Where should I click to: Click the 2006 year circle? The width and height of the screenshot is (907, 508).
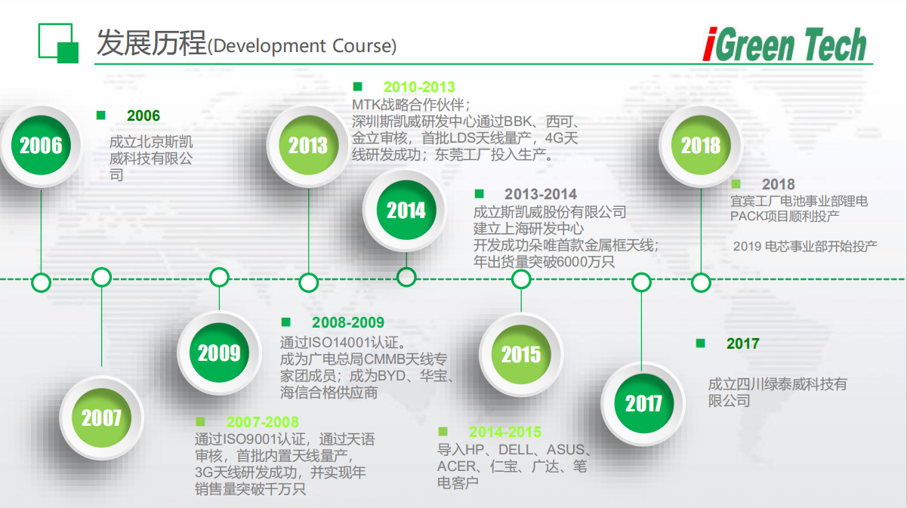(x=41, y=145)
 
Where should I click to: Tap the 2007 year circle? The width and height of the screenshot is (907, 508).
(x=101, y=417)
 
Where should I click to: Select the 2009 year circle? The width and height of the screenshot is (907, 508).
(x=219, y=353)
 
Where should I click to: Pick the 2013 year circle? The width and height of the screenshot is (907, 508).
(x=308, y=145)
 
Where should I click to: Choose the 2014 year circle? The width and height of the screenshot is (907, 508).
(x=406, y=210)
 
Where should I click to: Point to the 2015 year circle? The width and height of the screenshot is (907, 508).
(x=521, y=354)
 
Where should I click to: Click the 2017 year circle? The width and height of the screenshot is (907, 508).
(x=643, y=403)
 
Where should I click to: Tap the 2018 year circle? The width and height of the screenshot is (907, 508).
(x=701, y=145)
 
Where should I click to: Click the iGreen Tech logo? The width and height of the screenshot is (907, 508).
(x=785, y=44)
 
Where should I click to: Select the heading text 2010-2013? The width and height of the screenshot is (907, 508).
(x=419, y=87)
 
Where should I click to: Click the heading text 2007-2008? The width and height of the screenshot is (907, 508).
(x=262, y=422)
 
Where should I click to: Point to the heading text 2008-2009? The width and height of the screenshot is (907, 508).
(x=348, y=322)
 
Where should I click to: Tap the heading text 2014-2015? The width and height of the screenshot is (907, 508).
(x=505, y=432)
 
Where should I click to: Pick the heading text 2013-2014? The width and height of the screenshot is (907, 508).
(x=541, y=194)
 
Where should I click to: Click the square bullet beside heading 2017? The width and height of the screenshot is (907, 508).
(x=701, y=343)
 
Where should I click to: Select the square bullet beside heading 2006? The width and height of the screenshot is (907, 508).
(x=101, y=115)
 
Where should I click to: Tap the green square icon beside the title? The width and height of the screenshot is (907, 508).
(x=58, y=43)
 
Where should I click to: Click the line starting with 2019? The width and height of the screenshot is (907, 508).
(x=805, y=246)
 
